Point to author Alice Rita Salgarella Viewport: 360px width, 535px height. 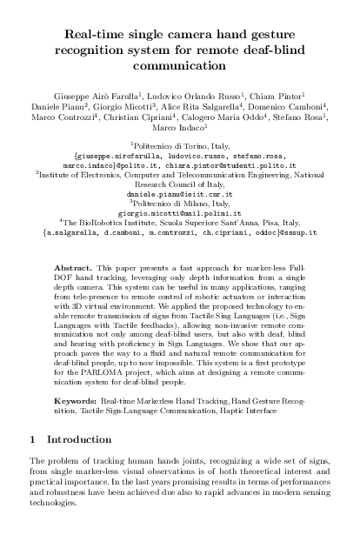[213, 103]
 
